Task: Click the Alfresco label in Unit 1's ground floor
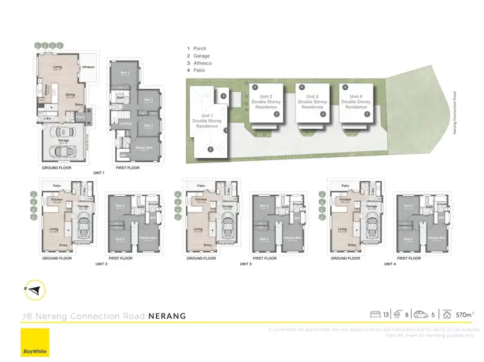[89, 67]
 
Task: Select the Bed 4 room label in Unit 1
[124, 73]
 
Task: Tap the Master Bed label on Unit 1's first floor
[143, 148]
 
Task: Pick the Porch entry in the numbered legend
[198, 49]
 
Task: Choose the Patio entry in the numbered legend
[198, 71]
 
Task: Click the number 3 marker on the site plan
[223, 95]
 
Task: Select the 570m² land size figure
[464, 314]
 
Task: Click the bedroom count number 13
[385, 314]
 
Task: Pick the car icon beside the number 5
[421, 314]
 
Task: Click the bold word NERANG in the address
[167, 316]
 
